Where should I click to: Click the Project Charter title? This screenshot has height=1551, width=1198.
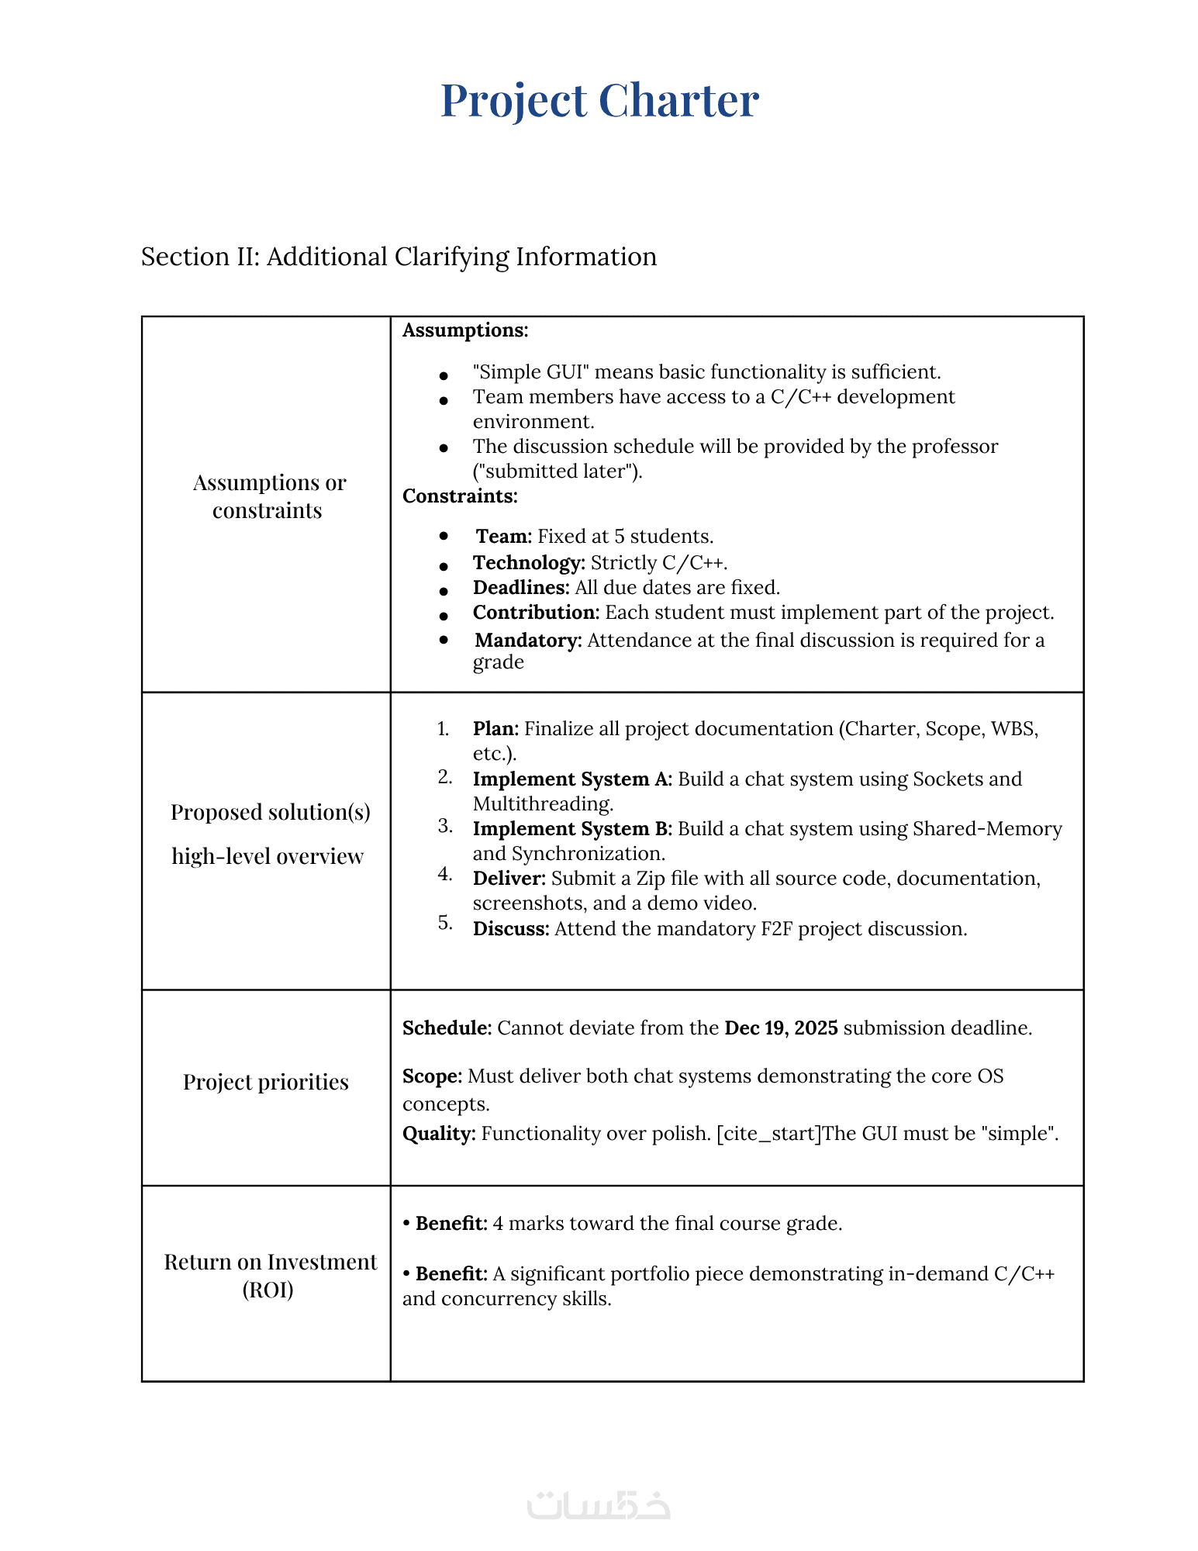tap(599, 101)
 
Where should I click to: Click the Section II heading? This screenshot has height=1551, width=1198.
tap(399, 257)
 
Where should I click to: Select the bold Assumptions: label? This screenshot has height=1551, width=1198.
tap(465, 330)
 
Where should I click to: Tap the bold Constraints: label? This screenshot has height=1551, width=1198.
tap(460, 496)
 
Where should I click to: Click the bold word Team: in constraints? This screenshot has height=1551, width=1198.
tap(503, 537)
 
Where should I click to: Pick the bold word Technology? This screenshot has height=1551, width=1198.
tap(529, 562)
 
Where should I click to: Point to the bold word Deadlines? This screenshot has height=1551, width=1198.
tap(521, 588)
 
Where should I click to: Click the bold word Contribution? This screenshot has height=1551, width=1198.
tap(536, 613)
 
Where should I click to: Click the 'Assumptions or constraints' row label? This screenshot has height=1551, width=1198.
tap(268, 496)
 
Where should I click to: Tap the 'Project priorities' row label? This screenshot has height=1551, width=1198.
tap(266, 1082)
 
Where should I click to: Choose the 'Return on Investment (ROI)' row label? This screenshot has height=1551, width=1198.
tap(269, 1276)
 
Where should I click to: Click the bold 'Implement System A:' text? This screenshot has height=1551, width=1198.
tap(572, 779)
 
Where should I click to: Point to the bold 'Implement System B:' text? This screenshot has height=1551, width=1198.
tap(572, 829)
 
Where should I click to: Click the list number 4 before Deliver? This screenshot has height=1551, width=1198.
tap(444, 874)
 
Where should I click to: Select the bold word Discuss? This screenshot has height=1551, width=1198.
tap(511, 929)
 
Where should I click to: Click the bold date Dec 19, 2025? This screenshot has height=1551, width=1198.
tap(781, 1028)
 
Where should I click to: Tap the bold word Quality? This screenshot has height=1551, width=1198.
tap(439, 1134)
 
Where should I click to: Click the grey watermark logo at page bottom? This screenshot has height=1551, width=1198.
tap(599, 1505)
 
